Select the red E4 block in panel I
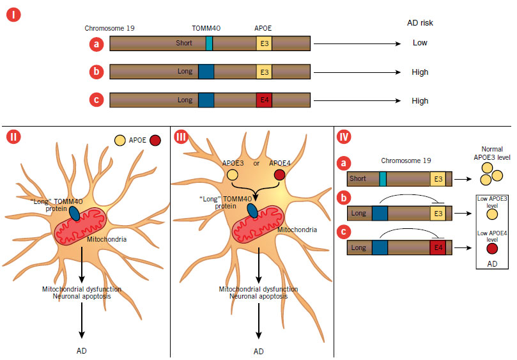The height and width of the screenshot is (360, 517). coord(263,100)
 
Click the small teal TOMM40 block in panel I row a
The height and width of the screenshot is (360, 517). coord(209,43)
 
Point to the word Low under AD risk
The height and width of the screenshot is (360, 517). coord(419,43)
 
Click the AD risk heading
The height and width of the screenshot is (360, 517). coord(419,23)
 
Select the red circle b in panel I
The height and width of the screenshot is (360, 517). coord(95,72)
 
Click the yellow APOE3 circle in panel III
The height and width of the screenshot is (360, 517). coord(232,175)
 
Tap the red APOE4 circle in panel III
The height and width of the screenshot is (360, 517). coord(279,175)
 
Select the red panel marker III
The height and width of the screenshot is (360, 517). coord(182,137)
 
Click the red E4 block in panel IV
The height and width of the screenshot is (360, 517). coord(437,247)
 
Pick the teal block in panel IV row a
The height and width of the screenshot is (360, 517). coord(383,179)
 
